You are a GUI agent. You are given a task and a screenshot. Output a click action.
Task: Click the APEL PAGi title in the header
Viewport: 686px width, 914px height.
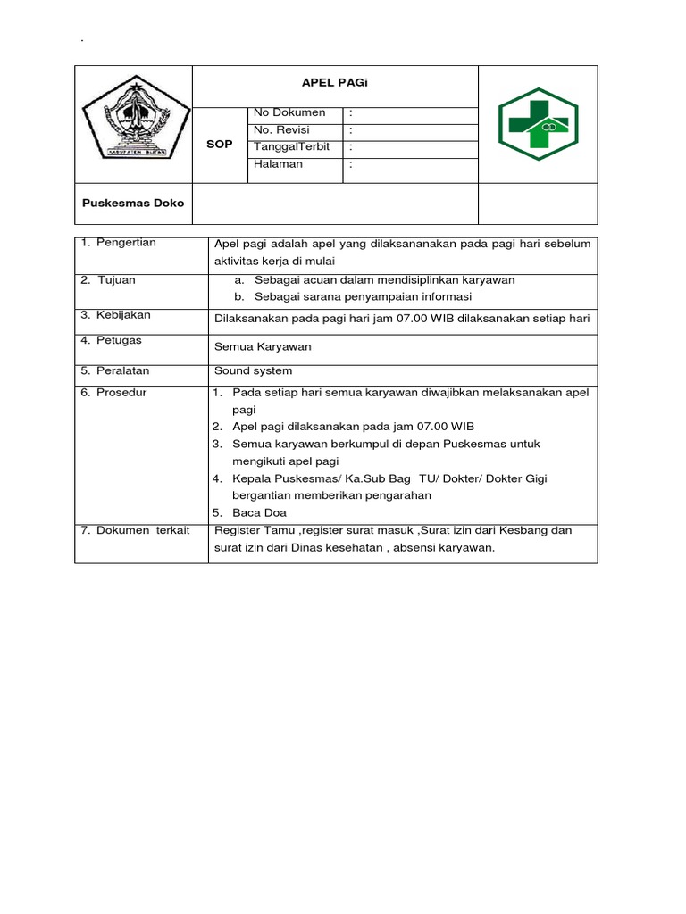point(335,82)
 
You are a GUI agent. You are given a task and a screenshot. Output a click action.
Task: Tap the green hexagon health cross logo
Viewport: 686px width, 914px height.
point(538,124)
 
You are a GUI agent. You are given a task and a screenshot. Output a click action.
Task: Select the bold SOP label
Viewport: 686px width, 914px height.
point(219,144)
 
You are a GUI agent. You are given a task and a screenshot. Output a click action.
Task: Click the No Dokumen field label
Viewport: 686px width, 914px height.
point(289,113)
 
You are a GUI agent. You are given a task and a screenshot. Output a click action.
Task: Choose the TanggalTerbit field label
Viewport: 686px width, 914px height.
point(292,147)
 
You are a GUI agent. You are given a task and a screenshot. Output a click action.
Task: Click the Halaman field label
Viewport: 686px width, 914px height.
point(278,164)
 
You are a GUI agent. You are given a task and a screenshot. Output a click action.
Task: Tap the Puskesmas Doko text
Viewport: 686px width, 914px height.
point(133,203)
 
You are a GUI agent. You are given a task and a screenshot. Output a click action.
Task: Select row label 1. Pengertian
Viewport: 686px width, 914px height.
point(118,243)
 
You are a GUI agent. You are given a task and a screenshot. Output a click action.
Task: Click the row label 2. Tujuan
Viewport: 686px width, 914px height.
point(108,280)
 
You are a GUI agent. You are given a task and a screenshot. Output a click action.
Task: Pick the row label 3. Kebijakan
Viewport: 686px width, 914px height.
point(115,315)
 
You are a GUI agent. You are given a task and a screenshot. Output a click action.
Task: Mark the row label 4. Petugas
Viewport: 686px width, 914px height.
point(111,340)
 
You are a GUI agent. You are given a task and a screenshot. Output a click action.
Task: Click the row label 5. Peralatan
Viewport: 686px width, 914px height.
point(114,370)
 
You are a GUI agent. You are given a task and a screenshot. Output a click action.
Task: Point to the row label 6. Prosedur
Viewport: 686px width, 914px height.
point(113,393)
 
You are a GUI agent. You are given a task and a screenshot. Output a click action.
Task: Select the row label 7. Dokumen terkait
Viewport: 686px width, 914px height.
point(135,530)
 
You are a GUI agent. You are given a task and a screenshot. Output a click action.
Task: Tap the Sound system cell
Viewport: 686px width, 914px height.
point(253,370)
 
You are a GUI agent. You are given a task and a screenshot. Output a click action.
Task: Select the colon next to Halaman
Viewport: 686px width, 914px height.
point(352,164)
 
